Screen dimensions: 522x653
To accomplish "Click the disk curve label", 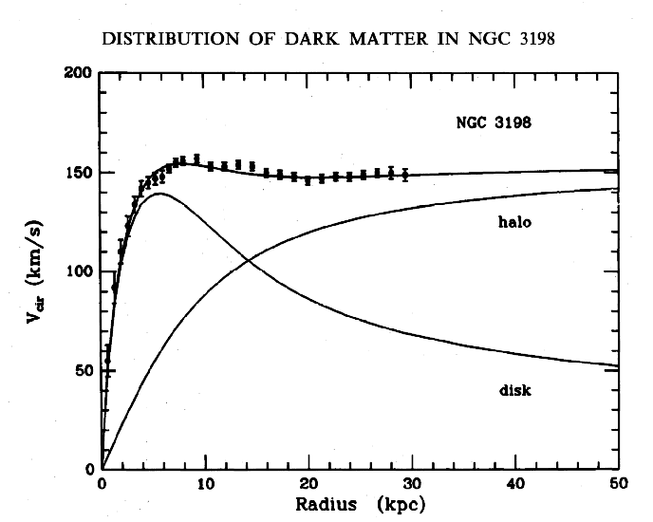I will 513,390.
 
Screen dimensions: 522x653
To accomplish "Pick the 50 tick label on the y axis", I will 84,370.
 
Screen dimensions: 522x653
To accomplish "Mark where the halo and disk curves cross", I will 248,259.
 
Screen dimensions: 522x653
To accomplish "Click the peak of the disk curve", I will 158,194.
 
